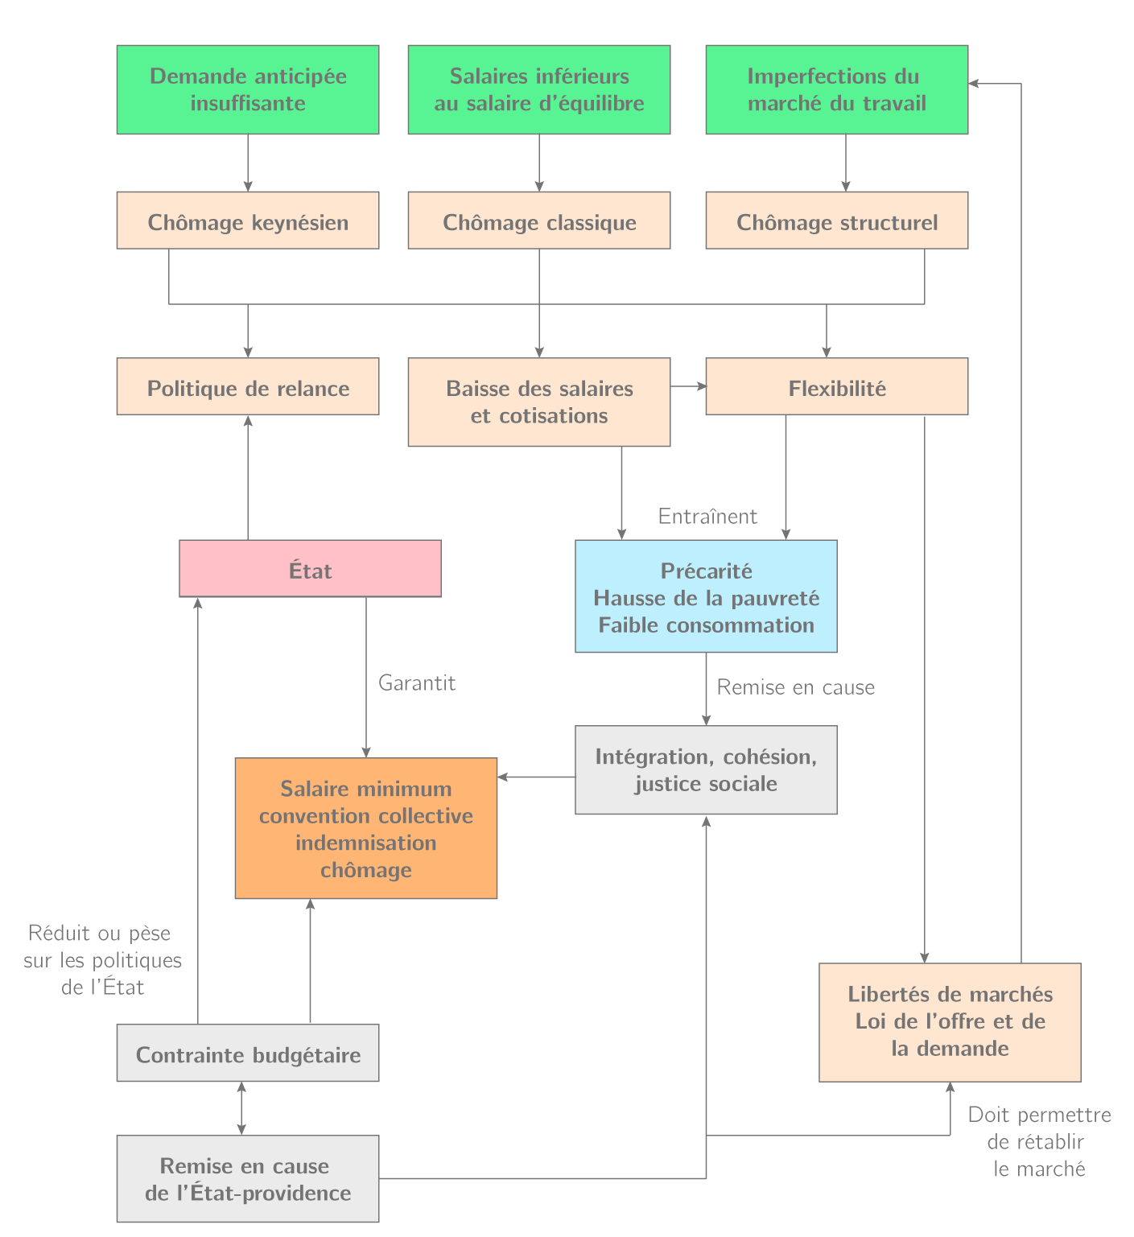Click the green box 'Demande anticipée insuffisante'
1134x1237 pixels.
coord(248,89)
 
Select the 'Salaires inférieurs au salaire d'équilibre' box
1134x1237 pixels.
coord(539,89)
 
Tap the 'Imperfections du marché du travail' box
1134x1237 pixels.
coord(837,89)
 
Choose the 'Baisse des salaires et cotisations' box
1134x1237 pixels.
coord(539,402)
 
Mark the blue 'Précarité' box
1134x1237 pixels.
coord(706,596)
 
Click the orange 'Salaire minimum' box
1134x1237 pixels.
coord(366,828)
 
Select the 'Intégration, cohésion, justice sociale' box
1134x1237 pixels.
coord(706,770)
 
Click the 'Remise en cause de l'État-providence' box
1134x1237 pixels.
coord(248,1178)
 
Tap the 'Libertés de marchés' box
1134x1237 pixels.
coord(950,1021)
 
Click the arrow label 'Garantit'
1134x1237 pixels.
coord(417,683)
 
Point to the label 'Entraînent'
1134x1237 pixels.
coord(707,517)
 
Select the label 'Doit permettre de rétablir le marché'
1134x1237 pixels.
coord(1039,1141)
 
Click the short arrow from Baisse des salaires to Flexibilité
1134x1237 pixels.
coord(688,386)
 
